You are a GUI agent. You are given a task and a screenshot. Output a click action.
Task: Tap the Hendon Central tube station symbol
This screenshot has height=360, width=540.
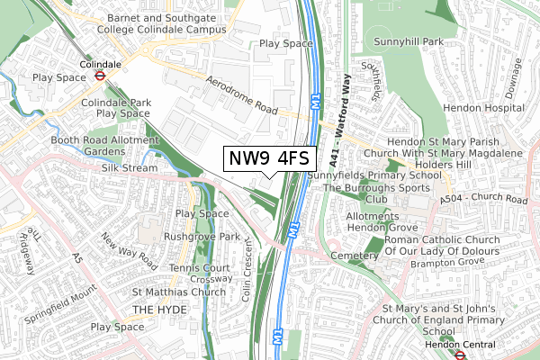(458, 355)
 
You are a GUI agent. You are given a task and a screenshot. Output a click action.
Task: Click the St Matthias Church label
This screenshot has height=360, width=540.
(179, 292)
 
